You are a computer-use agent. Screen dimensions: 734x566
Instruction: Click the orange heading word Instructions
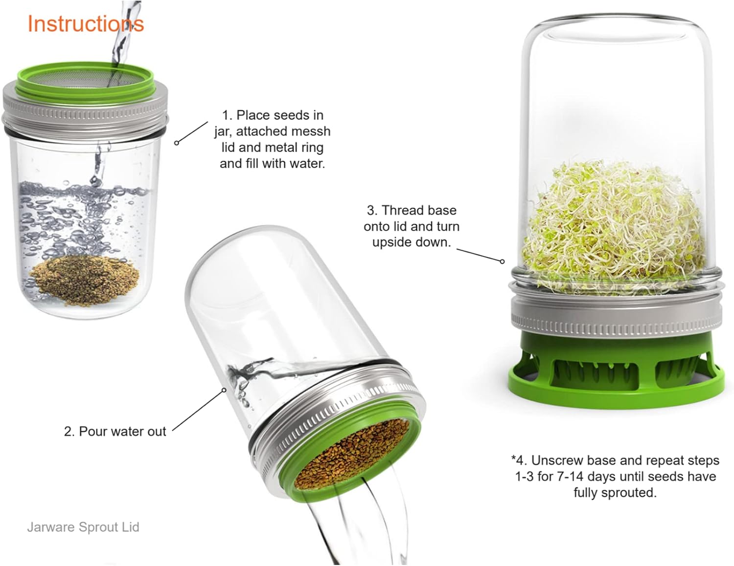(86, 23)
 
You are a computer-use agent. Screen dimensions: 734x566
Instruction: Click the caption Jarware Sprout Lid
(83, 527)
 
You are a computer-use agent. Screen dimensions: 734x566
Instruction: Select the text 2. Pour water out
(115, 432)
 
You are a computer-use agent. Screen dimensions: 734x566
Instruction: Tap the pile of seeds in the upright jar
(85, 281)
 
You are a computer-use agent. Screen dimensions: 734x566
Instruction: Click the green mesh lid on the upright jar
(85, 82)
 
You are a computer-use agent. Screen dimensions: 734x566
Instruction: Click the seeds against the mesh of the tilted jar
(351, 459)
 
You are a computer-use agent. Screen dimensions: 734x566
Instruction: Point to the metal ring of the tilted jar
(338, 428)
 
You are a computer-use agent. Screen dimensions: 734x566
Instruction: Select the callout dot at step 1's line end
(176, 143)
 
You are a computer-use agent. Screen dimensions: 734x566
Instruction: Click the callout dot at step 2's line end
(224, 390)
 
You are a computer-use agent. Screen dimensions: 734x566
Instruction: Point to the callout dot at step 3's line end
(502, 261)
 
